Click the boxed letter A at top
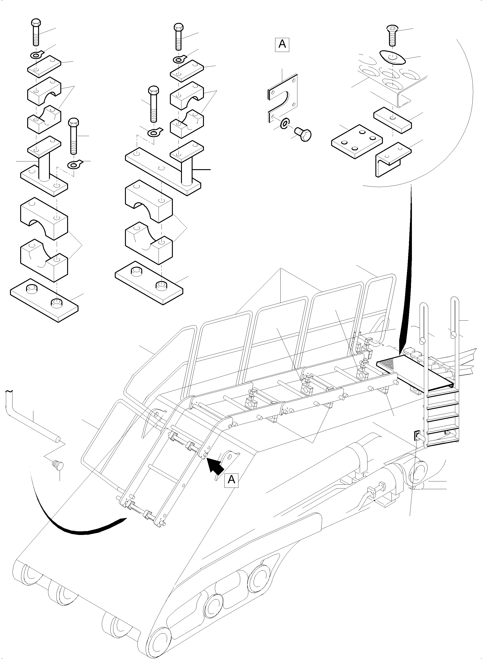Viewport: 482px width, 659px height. [x=282, y=44]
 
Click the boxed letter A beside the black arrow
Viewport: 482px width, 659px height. [x=231, y=480]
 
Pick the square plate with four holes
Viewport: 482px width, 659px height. [x=357, y=141]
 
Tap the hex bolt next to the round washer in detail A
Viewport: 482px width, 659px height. [x=303, y=135]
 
